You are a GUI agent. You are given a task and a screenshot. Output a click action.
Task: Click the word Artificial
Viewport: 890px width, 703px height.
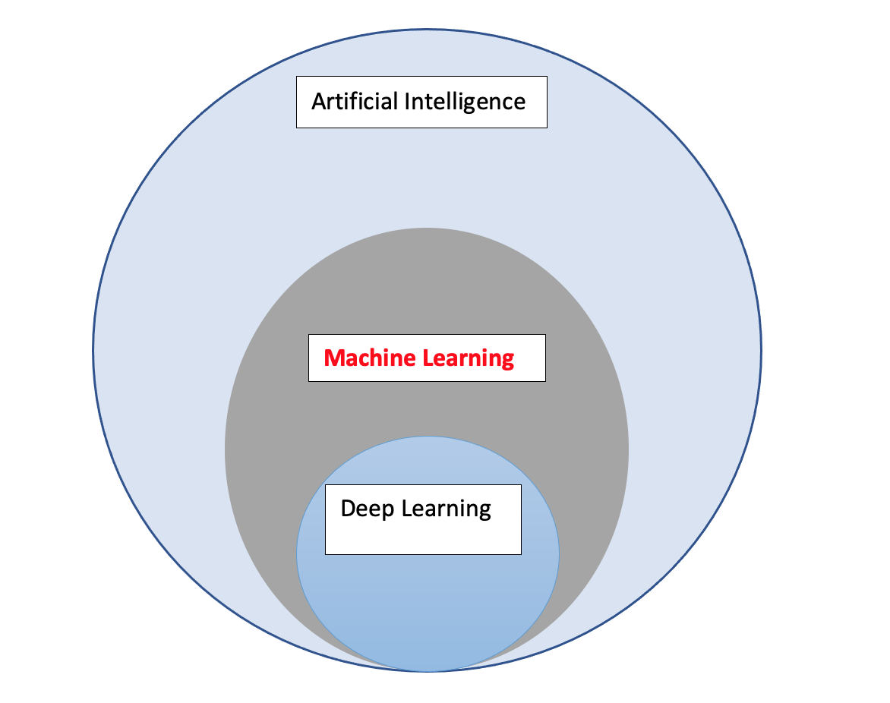[x=354, y=101]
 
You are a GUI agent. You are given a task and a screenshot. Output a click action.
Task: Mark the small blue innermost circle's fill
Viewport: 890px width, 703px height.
[x=428, y=607]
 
